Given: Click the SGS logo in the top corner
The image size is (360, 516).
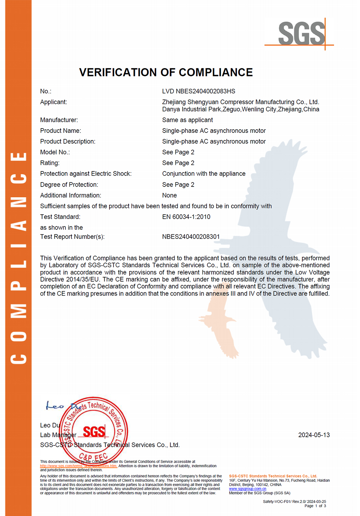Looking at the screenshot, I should (302, 34).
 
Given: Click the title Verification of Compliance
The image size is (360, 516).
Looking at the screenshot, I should (166, 72).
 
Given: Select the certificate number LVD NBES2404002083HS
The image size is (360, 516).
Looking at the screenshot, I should (198, 91).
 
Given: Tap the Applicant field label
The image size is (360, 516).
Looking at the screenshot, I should (54, 102).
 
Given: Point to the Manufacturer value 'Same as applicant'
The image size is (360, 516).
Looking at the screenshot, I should (187, 120).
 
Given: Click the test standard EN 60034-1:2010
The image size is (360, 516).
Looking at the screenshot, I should (186, 217).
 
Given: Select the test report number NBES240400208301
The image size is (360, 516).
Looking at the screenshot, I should (191, 237).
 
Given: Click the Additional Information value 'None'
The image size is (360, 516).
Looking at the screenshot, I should (169, 195).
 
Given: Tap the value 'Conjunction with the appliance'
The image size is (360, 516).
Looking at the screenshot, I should (204, 174).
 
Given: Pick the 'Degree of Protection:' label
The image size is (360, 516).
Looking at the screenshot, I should (69, 185).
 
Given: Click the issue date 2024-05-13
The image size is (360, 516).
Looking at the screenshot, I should (314, 435).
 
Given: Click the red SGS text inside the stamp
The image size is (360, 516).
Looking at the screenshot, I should (94, 431).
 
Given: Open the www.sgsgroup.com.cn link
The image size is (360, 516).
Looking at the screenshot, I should (248, 489).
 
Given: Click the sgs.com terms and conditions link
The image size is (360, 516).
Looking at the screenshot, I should (78, 466).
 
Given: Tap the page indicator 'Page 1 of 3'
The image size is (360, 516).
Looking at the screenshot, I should (315, 506).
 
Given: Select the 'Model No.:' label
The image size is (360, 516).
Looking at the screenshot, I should (55, 152).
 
